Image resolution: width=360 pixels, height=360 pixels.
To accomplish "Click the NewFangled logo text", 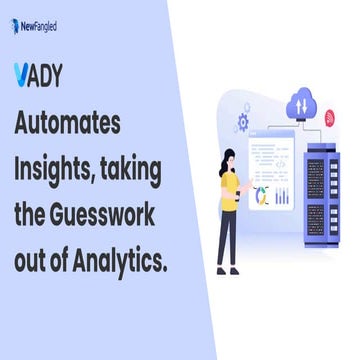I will (41, 26).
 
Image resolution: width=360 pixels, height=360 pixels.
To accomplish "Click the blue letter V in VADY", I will (23, 76).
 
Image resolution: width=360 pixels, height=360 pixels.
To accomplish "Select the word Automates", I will (68, 123).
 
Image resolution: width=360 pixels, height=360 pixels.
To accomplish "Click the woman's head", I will (229, 158).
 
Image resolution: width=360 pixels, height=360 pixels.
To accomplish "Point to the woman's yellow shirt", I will (229, 188).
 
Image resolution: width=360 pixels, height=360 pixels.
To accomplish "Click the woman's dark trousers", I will (227, 235).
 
